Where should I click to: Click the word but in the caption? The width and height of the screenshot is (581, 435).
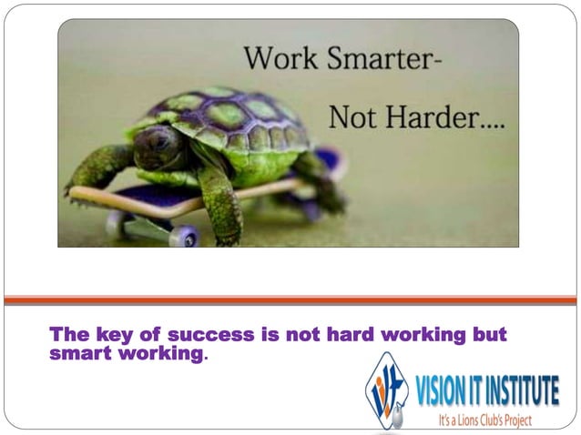[x=487, y=335]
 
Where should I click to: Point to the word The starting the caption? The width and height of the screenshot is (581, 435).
[x=66, y=335]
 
